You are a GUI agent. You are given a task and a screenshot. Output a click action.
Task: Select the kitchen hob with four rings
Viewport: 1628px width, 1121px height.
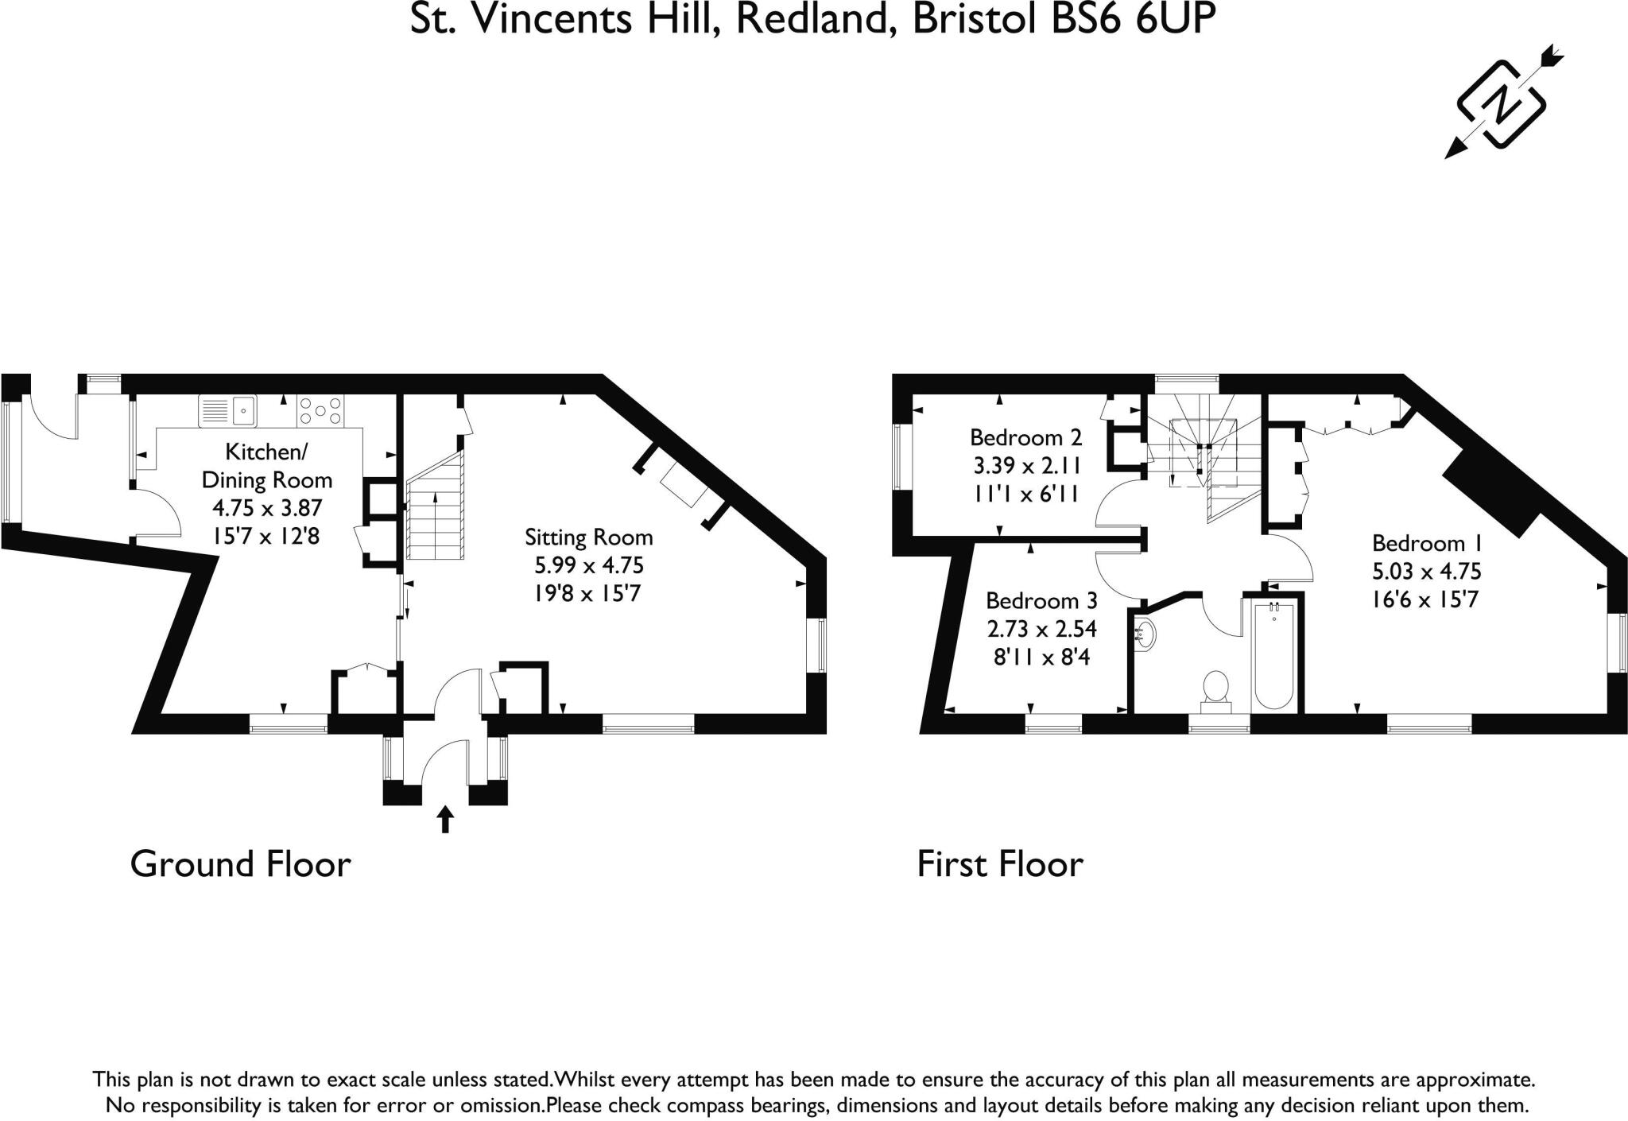point(320,410)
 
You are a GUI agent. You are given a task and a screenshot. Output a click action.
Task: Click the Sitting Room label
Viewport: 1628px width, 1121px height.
point(588,537)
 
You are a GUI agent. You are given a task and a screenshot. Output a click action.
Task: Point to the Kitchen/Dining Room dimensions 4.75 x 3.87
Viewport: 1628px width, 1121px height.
point(266,508)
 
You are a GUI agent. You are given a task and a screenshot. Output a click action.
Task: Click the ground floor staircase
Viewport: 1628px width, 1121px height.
point(435,507)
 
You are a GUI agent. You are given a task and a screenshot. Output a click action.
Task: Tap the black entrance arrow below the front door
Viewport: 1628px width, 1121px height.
point(445,819)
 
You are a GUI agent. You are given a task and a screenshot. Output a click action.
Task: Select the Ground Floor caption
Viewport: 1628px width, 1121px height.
point(240,864)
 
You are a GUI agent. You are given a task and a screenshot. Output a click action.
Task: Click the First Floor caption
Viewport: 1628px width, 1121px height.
point(1000,864)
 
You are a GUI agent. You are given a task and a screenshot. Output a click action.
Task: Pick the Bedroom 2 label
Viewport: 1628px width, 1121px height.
point(1025,437)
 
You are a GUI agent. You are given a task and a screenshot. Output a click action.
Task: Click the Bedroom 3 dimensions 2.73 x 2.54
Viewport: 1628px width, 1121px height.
point(1041,629)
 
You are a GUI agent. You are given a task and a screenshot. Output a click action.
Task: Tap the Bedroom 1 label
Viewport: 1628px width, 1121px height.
point(1427,544)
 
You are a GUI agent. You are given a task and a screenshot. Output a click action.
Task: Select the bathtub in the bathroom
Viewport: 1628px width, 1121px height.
point(1273,657)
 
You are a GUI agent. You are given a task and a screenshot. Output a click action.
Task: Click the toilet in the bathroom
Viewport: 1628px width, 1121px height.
point(1216,689)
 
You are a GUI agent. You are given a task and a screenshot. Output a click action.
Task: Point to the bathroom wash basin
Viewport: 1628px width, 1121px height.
point(1145,634)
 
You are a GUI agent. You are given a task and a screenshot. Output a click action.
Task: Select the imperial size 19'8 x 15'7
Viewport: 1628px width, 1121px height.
point(588,594)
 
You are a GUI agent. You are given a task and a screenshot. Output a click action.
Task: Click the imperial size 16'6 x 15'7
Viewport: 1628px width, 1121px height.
point(1427,599)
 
